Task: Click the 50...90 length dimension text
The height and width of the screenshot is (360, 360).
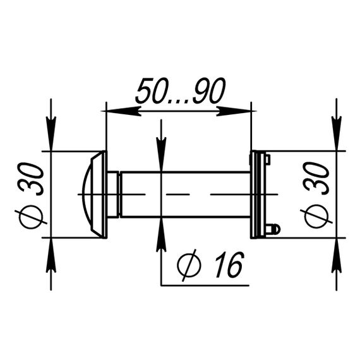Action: (x=181, y=91)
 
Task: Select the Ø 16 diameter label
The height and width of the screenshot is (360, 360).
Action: (x=210, y=265)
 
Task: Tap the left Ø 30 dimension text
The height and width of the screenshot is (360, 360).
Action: (x=30, y=196)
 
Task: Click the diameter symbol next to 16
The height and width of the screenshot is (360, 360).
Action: (x=189, y=265)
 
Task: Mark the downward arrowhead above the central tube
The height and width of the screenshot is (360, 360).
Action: (x=162, y=154)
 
